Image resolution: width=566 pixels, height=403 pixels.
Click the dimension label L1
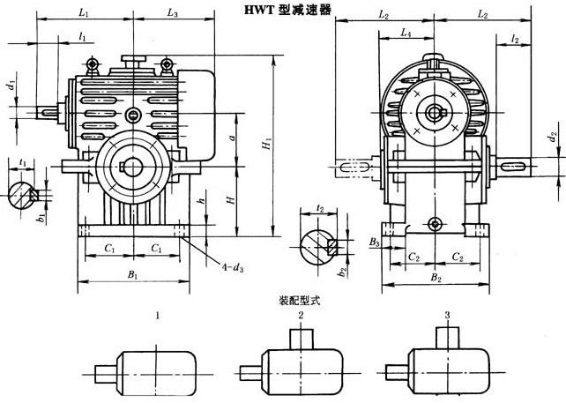[x=83, y=12]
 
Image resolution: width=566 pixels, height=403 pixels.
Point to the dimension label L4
[x=404, y=33]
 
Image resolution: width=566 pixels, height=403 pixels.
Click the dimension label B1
[x=132, y=276]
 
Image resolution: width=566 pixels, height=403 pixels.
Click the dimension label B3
[x=375, y=240]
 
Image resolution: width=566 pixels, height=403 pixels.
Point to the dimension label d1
[x=11, y=87]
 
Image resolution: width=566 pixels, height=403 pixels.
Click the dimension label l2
[x=514, y=39]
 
